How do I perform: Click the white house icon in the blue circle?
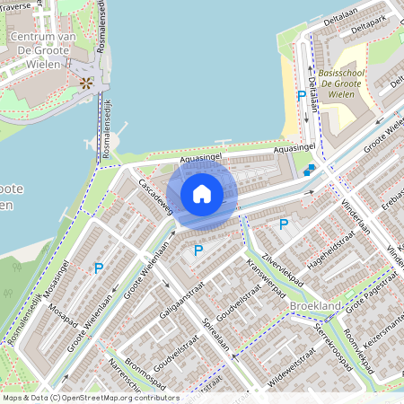point(202,193)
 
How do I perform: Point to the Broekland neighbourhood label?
point(315,306)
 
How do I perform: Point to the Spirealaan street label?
point(216,333)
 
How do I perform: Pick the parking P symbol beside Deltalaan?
point(300,96)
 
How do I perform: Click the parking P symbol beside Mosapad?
point(99,268)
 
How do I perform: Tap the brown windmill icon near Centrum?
point(86,83)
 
